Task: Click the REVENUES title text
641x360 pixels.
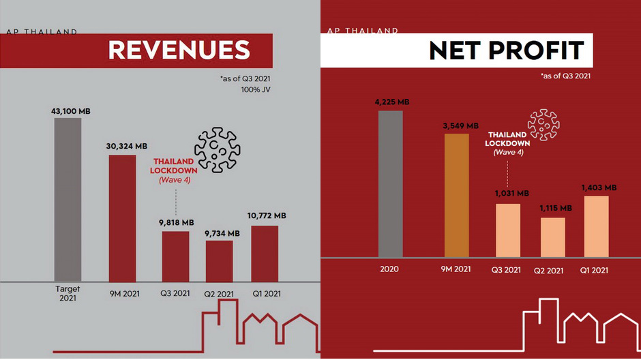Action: [179, 50]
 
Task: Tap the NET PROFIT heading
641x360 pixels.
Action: [507, 50]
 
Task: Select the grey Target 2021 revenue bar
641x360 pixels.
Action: [68, 199]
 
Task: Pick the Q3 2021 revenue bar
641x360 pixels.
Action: [175, 256]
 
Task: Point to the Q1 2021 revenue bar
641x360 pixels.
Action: [265, 253]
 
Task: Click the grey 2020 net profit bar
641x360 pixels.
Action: [390, 183]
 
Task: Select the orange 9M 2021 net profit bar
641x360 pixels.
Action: [457, 195]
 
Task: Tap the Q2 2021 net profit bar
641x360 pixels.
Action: [553, 237]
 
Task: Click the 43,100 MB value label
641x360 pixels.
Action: [68, 110]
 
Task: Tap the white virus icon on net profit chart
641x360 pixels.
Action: [544, 124]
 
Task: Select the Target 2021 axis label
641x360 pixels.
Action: [68, 294]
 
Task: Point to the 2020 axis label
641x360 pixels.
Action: [391, 269]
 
